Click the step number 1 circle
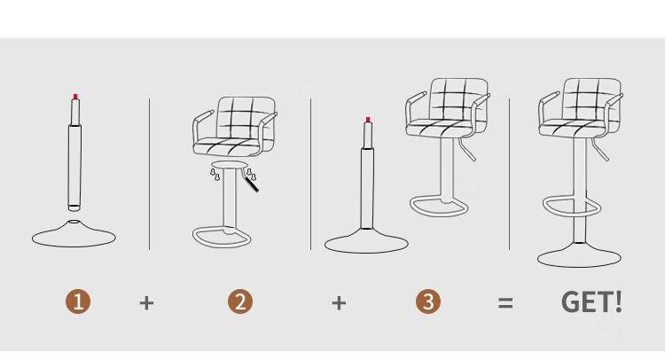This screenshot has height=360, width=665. pyautogui.click(x=78, y=301)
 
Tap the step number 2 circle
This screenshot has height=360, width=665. pyautogui.click(x=240, y=301)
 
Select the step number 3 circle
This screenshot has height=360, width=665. pyautogui.click(x=428, y=301)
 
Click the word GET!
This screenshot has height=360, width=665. pyautogui.click(x=591, y=301)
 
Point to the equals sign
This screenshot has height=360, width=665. pyautogui.click(x=505, y=302)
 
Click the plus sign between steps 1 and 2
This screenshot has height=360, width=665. pyautogui.click(x=146, y=302)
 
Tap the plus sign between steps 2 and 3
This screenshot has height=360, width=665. pyautogui.click(x=339, y=302)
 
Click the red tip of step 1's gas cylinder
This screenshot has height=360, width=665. pyautogui.click(x=75, y=97)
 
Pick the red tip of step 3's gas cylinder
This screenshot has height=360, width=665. pyautogui.click(x=368, y=120)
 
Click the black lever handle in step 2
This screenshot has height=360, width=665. pyautogui.click(x=252, y=184)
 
